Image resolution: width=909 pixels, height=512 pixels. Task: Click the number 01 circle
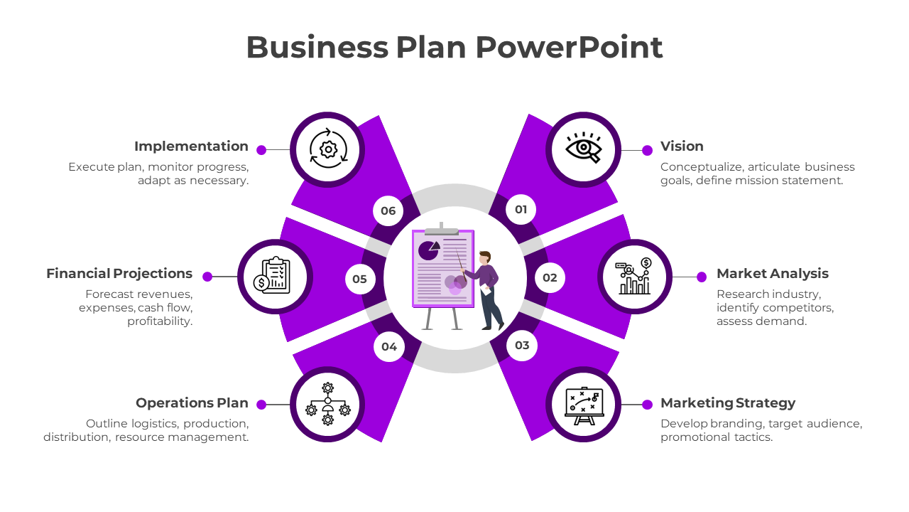(521, 209)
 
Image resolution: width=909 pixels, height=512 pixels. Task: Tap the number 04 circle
(388, 347)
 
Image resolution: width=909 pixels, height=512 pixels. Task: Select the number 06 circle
(388, 210)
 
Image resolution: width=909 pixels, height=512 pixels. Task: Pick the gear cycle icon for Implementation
(327, 149)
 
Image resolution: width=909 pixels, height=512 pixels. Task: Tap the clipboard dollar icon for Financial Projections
(275, 276)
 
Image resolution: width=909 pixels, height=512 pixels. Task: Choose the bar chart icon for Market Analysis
(635, 276)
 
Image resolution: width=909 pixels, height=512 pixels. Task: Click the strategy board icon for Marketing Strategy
(583, 404)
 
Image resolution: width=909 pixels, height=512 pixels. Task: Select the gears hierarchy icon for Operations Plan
(327, 404)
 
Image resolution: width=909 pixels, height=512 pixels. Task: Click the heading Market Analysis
(772, 274)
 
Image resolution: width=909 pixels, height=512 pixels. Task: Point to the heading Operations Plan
(192, 403)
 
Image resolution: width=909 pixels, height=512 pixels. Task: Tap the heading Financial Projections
(119, 274)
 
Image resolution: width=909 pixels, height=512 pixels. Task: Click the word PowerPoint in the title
(569, 48)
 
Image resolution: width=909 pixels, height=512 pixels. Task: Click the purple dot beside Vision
(647, 150)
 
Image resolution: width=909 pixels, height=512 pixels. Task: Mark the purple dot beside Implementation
(261, 150)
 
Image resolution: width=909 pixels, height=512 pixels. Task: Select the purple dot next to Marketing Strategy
(647, 405)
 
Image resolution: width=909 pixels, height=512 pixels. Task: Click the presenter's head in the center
(485, 257)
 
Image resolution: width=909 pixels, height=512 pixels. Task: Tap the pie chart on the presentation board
(428, 250)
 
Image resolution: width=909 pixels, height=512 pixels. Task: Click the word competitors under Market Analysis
(798, 308)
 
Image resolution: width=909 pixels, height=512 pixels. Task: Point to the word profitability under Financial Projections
(160, 321)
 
